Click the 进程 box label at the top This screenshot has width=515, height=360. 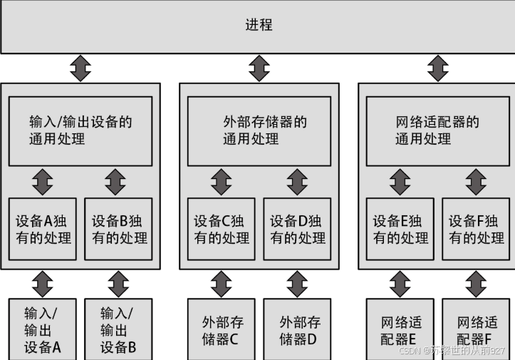(259, 26)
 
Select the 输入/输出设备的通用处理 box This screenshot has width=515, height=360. (80, 130)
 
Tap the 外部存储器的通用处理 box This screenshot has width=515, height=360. (259, 130)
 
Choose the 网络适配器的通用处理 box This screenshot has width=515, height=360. (438, 130)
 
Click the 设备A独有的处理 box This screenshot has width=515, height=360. (42, 229)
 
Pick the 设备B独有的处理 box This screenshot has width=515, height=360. (118, 229)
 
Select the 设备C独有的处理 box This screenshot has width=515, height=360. (221, 229)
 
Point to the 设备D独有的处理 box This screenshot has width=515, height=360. (297, 229)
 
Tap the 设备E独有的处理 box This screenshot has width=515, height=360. (400, 229)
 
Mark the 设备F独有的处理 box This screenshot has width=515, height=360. (476, 229)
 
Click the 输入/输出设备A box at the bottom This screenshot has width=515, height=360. (42, 329)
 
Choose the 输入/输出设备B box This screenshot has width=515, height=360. (118, 329)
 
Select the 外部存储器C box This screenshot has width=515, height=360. (221, 329)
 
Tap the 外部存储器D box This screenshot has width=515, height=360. (297, 329)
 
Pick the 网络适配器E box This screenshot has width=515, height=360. (400, 329)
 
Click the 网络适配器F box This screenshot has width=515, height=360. (476, 329)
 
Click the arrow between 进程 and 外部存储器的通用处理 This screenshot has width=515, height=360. (259, 68)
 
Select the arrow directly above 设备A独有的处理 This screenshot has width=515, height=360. (42, 182)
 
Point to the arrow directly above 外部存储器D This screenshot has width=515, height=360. (297, 283)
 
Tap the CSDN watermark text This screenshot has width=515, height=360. (452, 351)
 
